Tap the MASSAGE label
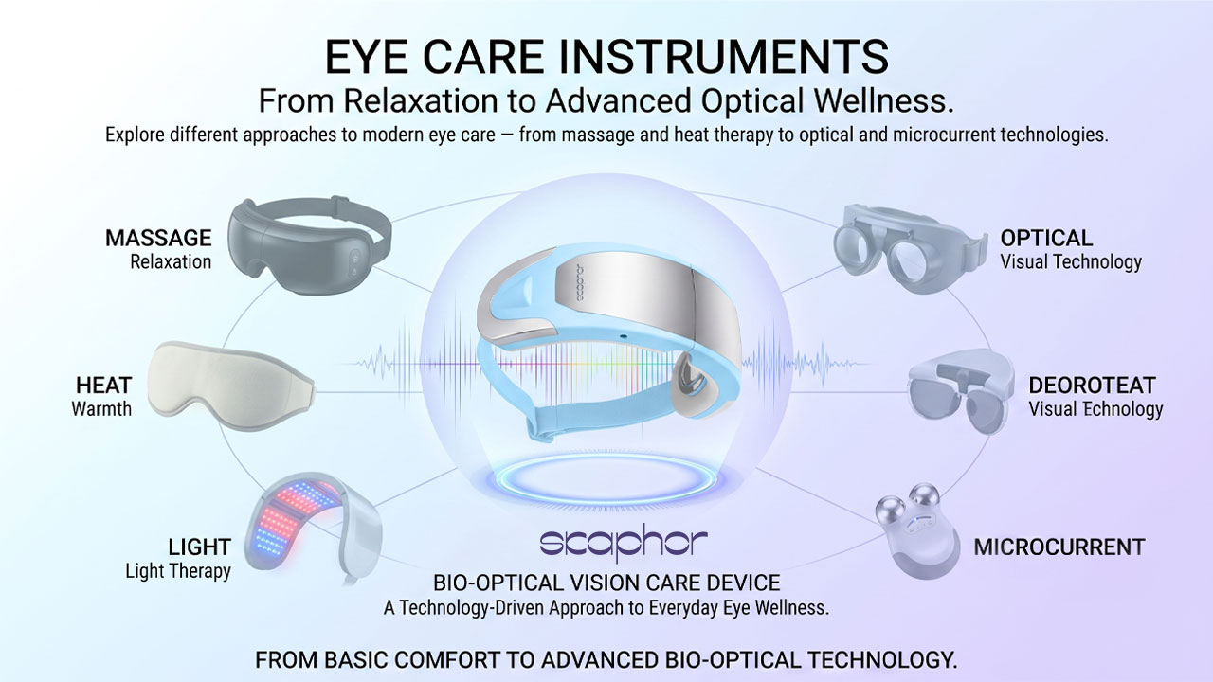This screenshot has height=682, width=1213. click(158, 238)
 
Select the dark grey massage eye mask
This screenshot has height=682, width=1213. click(309, 246)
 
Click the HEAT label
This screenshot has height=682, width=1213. click(103, 386)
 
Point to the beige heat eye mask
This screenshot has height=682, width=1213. click(230, 386)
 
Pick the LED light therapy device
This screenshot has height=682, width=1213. click(313, 528)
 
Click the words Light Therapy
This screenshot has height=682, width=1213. click(178, 571)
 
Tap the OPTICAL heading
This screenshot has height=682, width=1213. click(1046, 238)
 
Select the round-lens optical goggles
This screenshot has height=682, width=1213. click(915, 248)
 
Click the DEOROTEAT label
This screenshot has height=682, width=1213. click(1093, 386)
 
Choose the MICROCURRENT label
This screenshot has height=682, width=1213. click(1059, 547)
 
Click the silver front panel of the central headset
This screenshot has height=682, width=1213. click(644, 303)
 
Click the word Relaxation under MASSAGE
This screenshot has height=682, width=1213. click(171, 262)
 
